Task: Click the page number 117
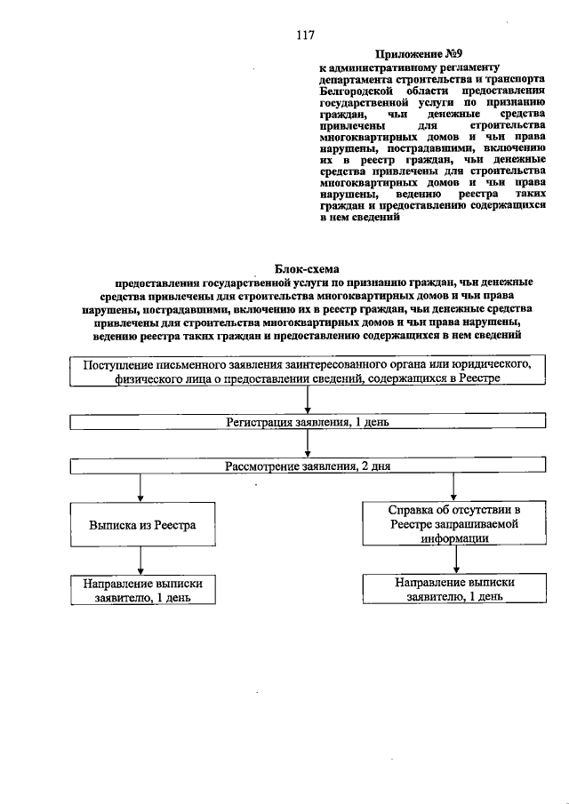307,36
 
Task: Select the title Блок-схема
307,267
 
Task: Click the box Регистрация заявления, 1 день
307,423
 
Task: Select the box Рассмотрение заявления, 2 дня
307,466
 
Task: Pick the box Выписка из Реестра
141,525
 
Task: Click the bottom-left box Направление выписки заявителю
141,590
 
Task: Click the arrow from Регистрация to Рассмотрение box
307,444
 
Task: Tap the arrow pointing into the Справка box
454,488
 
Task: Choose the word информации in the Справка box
454,537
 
